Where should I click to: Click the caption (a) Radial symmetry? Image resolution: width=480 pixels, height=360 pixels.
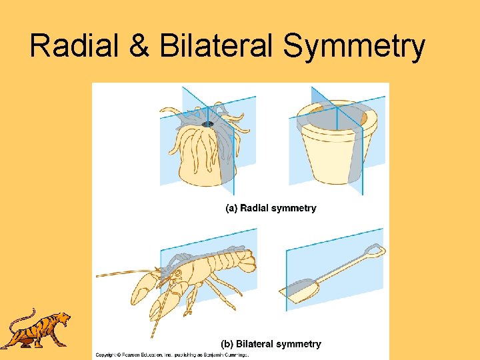pyautogui.click(x=271, y=208)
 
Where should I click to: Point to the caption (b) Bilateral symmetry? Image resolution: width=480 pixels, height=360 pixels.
pyautogui.click(x=271, y=344)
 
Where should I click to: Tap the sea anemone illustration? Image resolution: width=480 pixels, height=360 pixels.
pyautogui.click(x=200, y=147)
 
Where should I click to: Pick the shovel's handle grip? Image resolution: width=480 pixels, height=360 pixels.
pyautogui.click(x=375, y=251)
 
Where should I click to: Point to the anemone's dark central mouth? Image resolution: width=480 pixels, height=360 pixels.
pyautogui.click(x=208, y=124)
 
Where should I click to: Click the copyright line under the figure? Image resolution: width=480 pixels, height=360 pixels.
pyautogui.click(x=172, y=355)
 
